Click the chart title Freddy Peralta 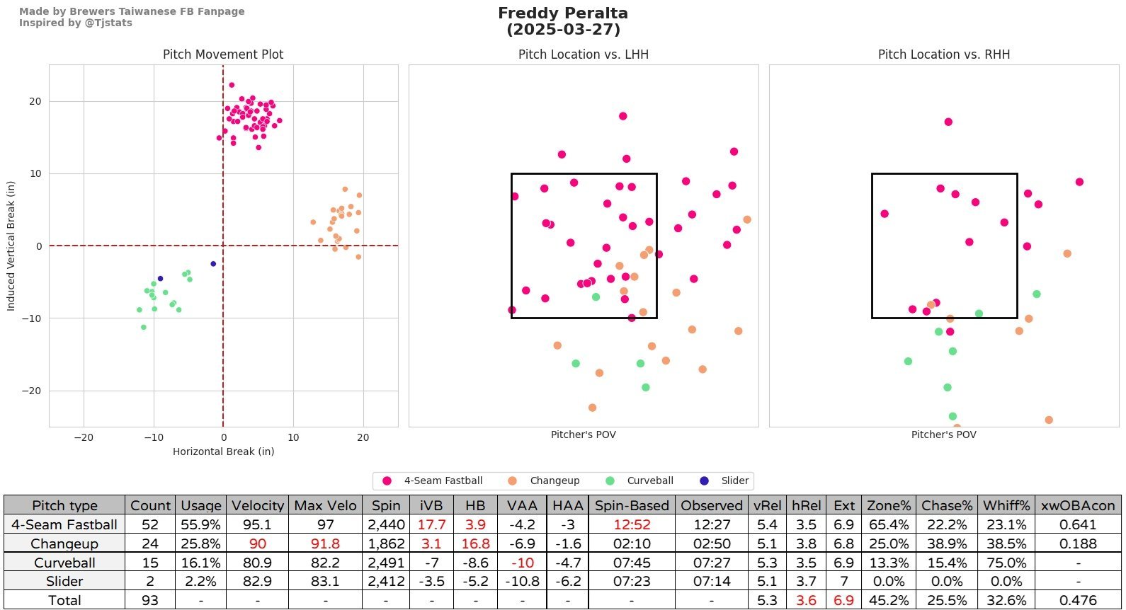(x=562, y=13)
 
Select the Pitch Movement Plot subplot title (x=223, y=54)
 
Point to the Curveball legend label (x=649, y=481)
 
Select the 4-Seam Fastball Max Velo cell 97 (x=326, y=525)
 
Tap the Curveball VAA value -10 (x=522, y=563)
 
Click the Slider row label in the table (x=64, y=582)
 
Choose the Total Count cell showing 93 (x=150, y=601)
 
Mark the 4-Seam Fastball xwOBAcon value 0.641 (x=1078, y=525)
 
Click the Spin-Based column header (x=632, y=505)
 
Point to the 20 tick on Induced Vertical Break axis (x=35, y=102)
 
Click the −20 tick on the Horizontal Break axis (x=84, y=437)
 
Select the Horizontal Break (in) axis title (x=223, y=451)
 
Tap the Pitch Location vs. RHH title (x=943, y=54)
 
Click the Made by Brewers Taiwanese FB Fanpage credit (x=132, y=11)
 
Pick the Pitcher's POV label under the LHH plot (x=583, y=435)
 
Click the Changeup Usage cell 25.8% (x=200, y=544)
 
